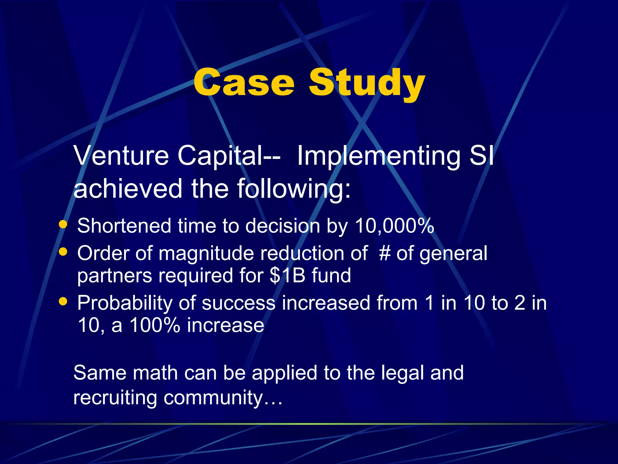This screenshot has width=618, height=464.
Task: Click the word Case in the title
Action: (x=244, y=82)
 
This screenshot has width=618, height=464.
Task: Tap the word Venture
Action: (x=121, y=156)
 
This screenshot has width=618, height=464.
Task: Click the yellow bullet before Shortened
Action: (x=63, y=224)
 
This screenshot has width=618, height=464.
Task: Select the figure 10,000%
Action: (x=394, y=226)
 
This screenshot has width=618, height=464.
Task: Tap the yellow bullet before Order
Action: (x=63, y=251)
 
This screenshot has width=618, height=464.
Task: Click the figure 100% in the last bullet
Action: (x=155, y=325)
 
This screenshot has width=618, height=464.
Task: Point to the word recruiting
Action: (x=115, y=398)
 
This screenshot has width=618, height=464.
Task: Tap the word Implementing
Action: (x=379, y=156)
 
